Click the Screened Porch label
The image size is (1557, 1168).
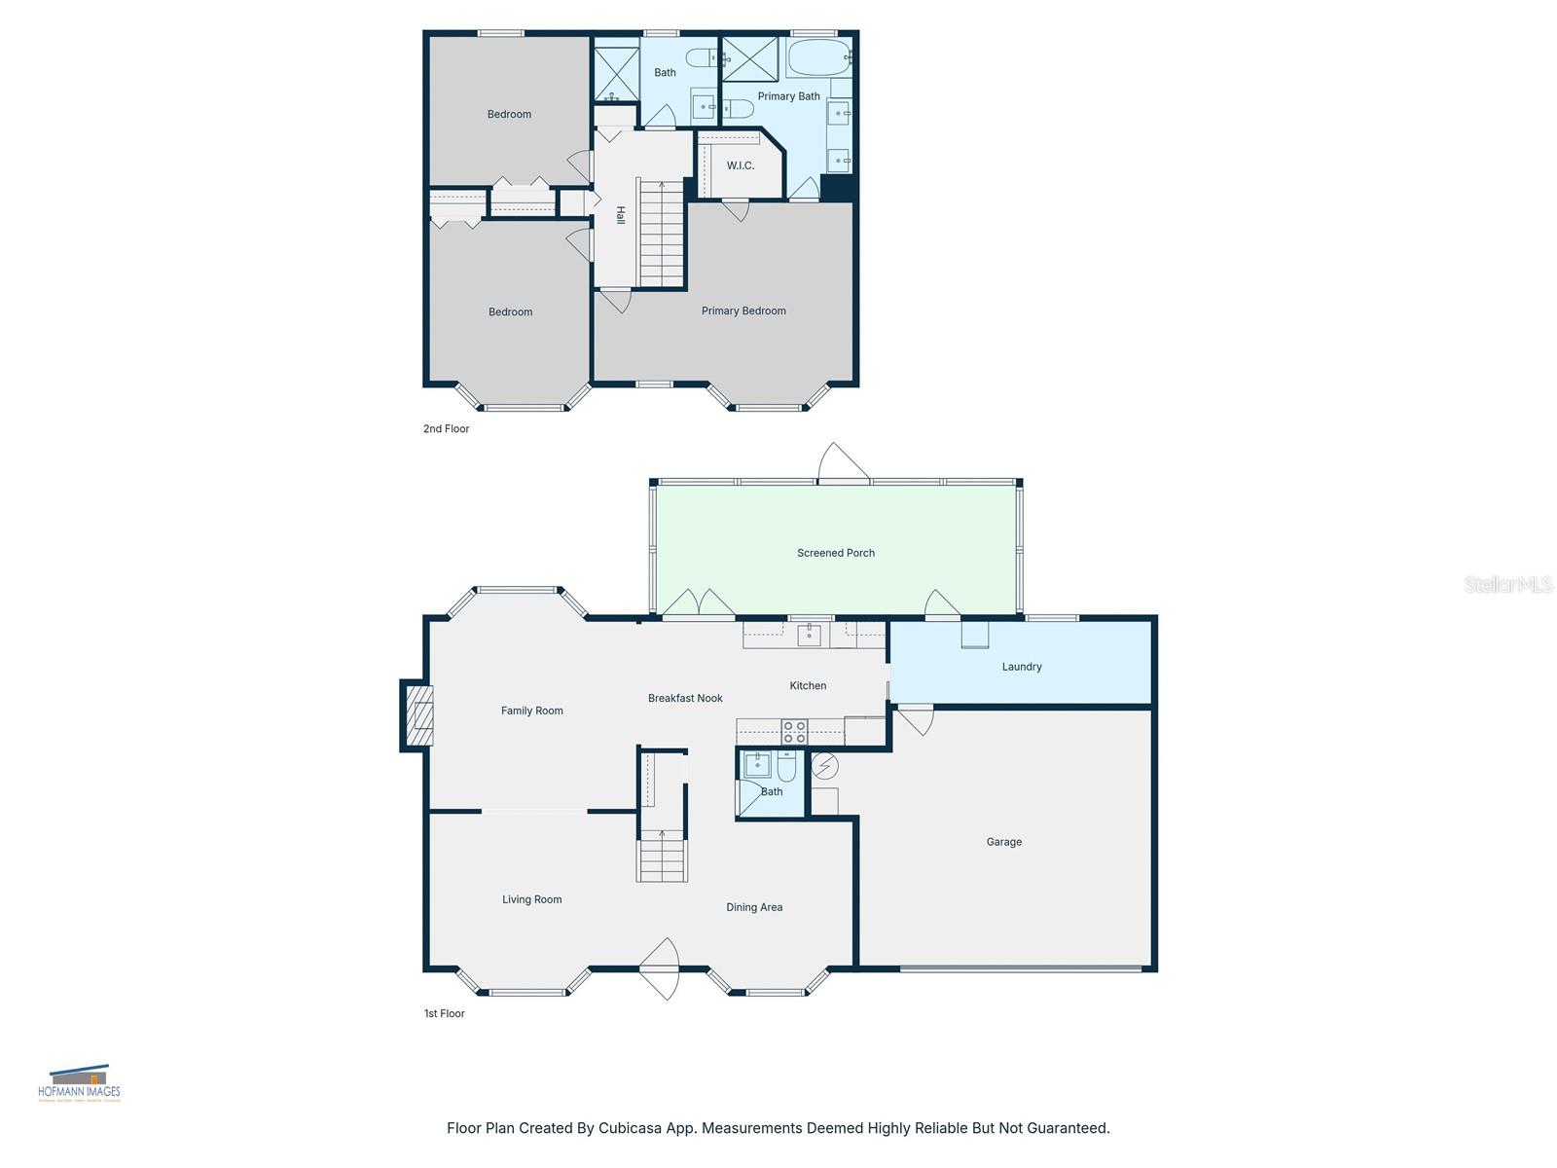tap(835, 553)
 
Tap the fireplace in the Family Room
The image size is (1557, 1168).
tap(418, 715)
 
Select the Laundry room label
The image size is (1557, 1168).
tap(1022, 667)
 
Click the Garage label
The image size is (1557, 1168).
tap(1003, 842)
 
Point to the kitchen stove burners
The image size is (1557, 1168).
tap(794, 732)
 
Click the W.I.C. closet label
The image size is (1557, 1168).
tap(740, 165)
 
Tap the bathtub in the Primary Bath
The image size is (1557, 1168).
tap(818, 58)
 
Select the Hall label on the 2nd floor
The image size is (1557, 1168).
tap(620, 216)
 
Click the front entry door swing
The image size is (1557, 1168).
tap(662, 967)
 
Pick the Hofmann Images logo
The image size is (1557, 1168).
tap(79, 1082)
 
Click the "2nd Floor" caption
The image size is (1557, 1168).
tap(446, 428)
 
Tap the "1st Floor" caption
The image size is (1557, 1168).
tap(444, 1013)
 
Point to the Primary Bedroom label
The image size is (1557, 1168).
tap(743, 310)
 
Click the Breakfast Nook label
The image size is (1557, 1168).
tap(685, 698)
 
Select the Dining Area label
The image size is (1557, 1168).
tap(754, 907)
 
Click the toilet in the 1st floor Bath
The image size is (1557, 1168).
tap(786, 768)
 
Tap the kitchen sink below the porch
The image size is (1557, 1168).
tap(809, 636)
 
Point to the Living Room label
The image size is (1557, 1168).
tap(531, 899)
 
